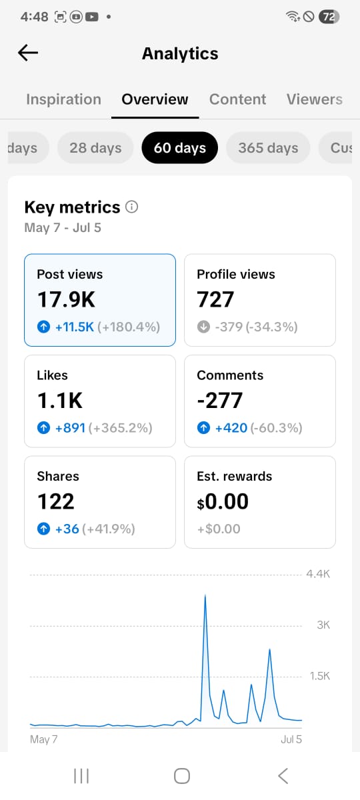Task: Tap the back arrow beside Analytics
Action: pos(28,53)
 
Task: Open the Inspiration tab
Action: pos(63,99)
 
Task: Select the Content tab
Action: pos(237,99)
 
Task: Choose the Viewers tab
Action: pos(314,99)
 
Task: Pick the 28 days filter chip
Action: pos(95,148)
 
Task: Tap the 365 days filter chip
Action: pos(268,148)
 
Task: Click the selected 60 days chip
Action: pos(179,148)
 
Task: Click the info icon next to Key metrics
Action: pos(131,207)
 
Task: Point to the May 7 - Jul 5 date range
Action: pos(63,227)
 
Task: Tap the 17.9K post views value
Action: pos(67,299)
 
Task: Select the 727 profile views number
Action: pos(215,299)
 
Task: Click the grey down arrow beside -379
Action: pos(203,327)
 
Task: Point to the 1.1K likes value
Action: pos(60,401)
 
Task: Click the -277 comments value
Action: pos(220,401)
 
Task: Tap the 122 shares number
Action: pos(56,501)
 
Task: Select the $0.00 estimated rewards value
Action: pos(223,501)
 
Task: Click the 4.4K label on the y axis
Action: pos(318,574)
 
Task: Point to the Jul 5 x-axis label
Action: pos(291,739)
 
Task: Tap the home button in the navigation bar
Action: pos(182,776)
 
